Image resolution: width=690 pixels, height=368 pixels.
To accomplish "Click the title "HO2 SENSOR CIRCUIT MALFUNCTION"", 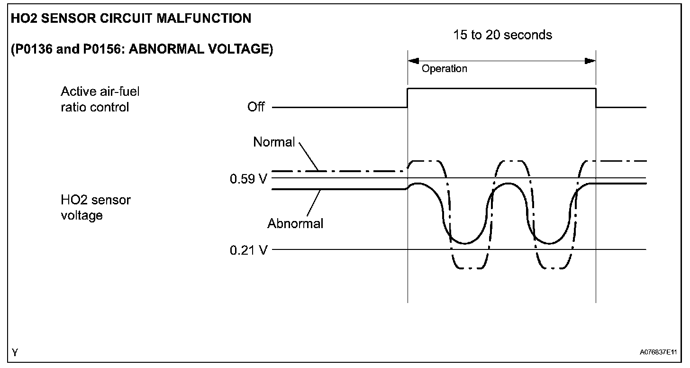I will [x=131, y=18].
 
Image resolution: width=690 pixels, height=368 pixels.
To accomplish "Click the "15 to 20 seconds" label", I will [x=502, y=35].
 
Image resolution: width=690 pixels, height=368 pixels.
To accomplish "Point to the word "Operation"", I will [x=444, y=69].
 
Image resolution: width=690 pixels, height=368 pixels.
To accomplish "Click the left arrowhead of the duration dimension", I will [x=413, y=61].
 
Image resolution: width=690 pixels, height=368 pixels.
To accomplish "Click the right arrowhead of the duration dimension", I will [x=590, y=61].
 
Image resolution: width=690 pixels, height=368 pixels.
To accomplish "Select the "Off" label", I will [x=256, y=107].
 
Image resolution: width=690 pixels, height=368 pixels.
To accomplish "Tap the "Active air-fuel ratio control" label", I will [x=100, y=99].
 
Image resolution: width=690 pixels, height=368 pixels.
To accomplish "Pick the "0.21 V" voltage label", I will [x=248, y=250].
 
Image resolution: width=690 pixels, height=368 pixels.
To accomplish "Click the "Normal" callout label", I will [x=274, y=142].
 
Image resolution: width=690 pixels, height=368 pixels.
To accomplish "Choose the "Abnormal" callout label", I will [x=295, y=223].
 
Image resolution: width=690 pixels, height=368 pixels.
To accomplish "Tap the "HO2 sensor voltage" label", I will [x=95, y=208].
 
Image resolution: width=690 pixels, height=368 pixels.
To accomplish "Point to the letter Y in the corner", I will [x=16, y=352].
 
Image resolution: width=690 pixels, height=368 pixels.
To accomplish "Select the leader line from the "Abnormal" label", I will [x=312, y=203].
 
